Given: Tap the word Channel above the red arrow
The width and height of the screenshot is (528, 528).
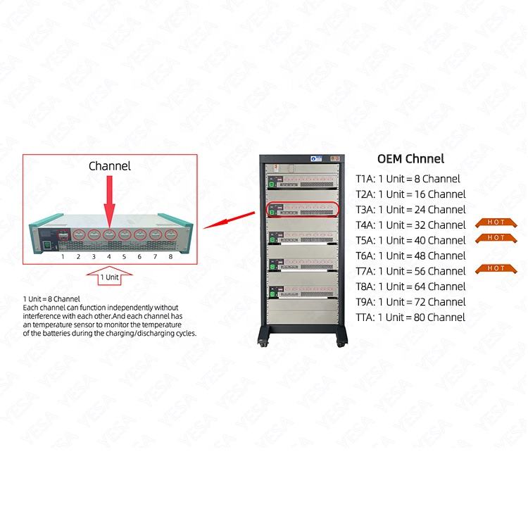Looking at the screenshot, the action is (x=109, y=166).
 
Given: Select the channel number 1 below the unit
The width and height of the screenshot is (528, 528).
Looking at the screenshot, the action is (x=63, y=257).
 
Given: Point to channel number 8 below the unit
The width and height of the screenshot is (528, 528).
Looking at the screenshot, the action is (x=170, y=257).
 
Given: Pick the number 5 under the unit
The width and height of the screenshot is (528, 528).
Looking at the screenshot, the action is (x=124, y=257).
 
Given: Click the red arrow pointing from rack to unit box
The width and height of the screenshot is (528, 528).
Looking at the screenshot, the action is (x=232, y=218).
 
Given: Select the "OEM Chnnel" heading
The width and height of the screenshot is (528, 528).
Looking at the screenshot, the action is (x=410, y=159).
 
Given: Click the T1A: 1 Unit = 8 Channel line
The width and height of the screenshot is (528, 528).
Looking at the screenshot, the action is (x=408, y=179).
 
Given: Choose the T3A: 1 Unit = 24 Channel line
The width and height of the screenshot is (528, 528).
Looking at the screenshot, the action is (x=410, y=210).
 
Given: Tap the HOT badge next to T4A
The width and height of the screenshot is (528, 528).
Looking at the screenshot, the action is (x=496, y=222).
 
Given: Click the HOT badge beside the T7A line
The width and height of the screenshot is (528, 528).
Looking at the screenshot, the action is (x=496, y=268).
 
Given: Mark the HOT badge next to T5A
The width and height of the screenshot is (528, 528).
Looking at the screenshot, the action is (x=496, y=238).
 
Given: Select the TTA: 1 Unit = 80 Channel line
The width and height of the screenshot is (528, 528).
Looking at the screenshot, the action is (x=410, y=318).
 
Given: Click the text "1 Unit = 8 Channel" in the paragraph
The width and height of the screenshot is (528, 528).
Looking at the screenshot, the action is (x=51, y=299).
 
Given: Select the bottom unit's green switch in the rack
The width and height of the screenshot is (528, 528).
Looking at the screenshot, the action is (x=272, y=288).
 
